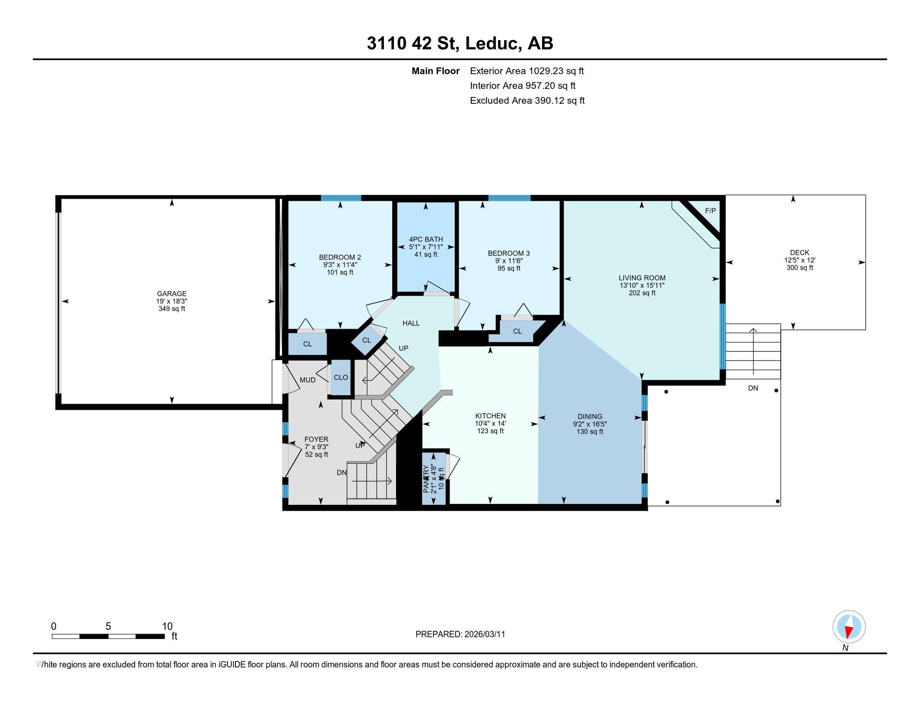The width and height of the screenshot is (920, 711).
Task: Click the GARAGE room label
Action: point(171,294)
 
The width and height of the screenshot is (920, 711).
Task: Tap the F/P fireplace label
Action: point(710,211)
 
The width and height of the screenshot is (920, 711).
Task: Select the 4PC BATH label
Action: point(426,239)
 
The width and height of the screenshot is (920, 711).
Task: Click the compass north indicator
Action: point(849,627)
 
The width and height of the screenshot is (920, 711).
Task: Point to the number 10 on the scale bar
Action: point(167,627)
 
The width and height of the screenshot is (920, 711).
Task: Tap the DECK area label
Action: point(799,253)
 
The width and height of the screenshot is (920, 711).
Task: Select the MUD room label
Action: point(307,380)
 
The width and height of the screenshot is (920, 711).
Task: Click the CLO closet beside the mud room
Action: point(341,377)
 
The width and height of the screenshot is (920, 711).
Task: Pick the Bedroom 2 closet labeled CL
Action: point(307,344)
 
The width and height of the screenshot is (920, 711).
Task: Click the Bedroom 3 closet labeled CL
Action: point(517,332)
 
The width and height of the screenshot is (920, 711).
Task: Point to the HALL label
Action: point(411,323)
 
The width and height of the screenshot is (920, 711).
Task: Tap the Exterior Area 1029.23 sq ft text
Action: point(526,71)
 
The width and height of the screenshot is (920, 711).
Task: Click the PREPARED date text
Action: point(460,634)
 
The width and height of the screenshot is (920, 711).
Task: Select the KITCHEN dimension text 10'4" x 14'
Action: point(491,423)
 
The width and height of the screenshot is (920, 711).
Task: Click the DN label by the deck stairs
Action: point(753,389)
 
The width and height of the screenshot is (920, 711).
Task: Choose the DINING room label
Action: point(590,417)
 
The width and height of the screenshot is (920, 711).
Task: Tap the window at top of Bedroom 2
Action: point(341,198)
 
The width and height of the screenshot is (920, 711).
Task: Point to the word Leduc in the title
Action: point(492,43)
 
